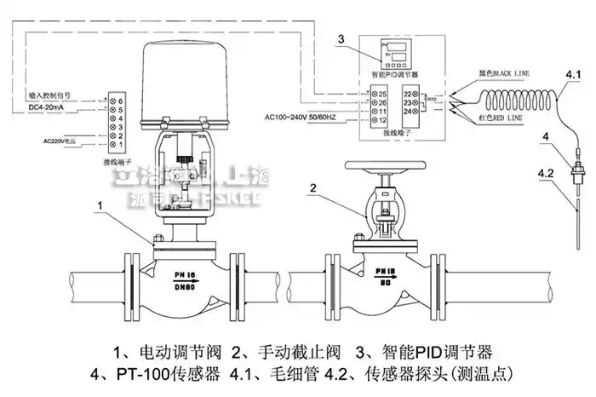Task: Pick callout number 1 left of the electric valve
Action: pos(101,205)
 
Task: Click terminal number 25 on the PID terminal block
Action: pos(383,92)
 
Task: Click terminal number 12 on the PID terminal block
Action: pos(383,121)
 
